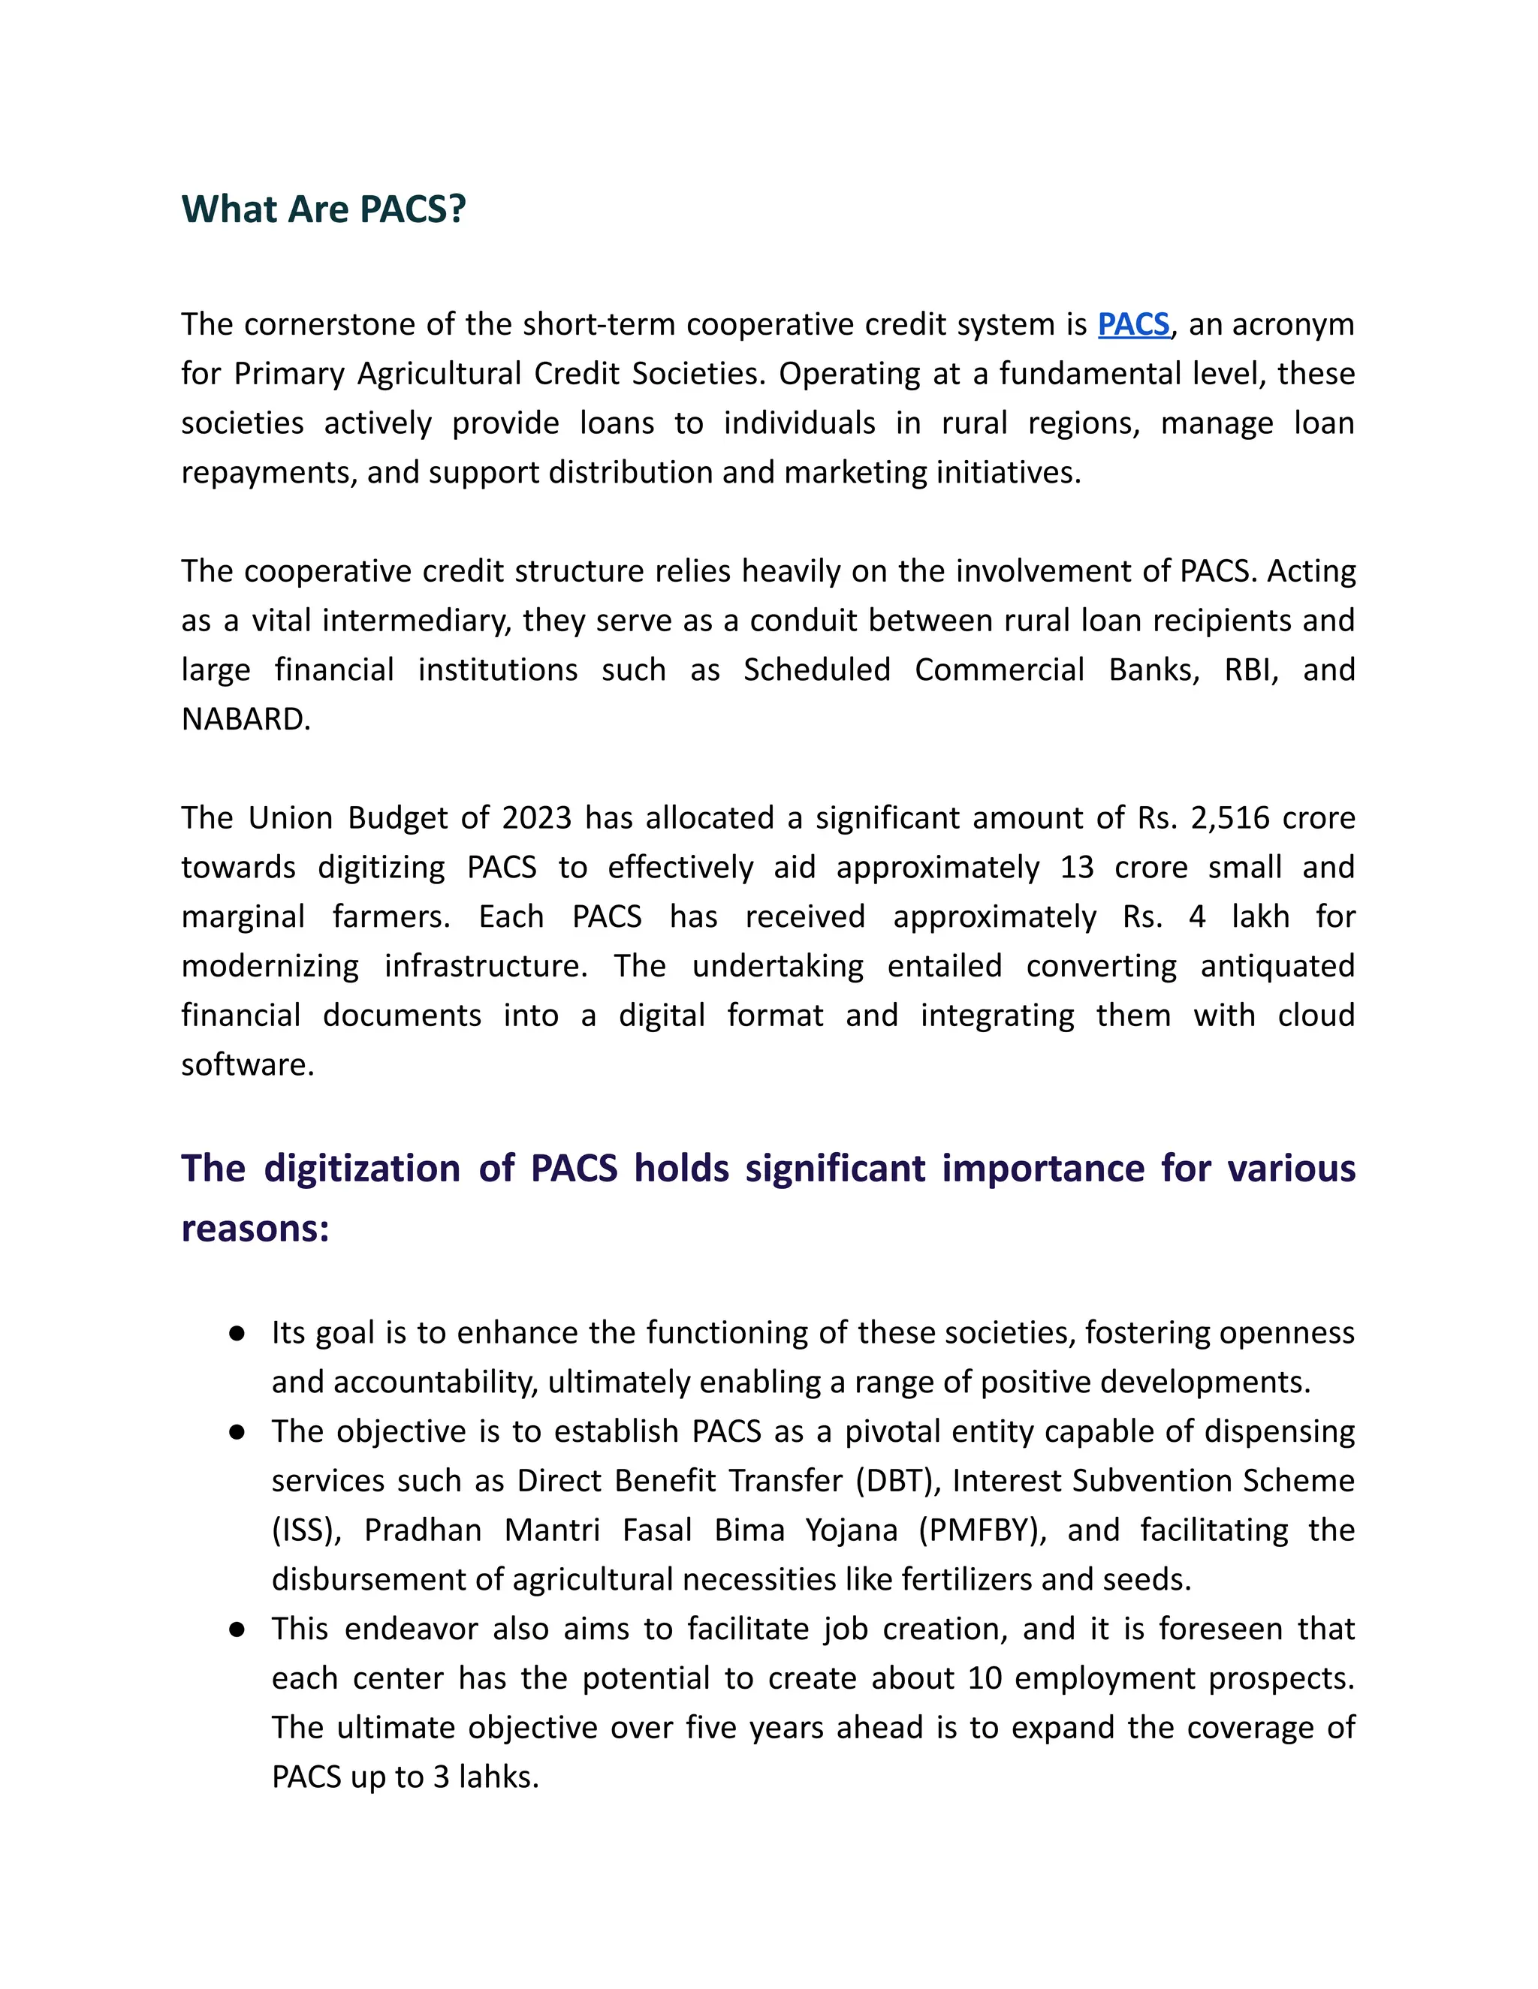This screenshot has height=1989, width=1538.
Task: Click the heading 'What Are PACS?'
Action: (324, 209)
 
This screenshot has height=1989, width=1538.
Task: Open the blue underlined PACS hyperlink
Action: (1133, 324)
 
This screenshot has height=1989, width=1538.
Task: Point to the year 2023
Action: (537, 818)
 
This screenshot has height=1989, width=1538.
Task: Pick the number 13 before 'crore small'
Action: (1076, 867)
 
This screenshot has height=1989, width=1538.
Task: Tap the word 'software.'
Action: (248, 1064)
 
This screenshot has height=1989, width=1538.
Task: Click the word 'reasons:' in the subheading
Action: (255, 1229)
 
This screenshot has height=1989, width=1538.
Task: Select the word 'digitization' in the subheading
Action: (362, 1169)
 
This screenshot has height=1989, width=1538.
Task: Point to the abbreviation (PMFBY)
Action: (982, 1530)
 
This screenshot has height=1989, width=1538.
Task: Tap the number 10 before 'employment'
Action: (985, 1678)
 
